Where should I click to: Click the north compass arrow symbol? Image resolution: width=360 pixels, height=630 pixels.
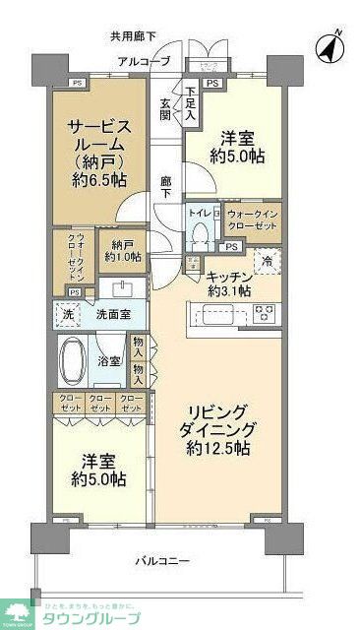(x=330, y=45)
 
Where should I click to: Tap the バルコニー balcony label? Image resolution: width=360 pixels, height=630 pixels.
(x=163, y=561)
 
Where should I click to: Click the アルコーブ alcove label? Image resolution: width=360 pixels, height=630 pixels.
(x=144, y=62)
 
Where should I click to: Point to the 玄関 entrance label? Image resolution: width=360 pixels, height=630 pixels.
(x=166, y=108)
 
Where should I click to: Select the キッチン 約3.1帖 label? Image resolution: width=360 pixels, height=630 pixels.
(x=231, y=283)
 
